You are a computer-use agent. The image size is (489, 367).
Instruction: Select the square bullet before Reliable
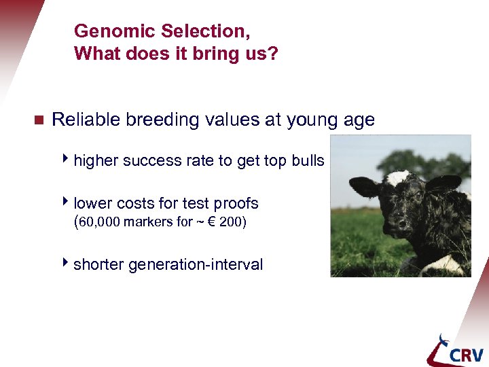point(38,121)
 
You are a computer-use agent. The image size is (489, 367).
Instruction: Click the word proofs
point(235,203)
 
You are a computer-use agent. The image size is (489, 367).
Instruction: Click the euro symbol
point(211,222)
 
